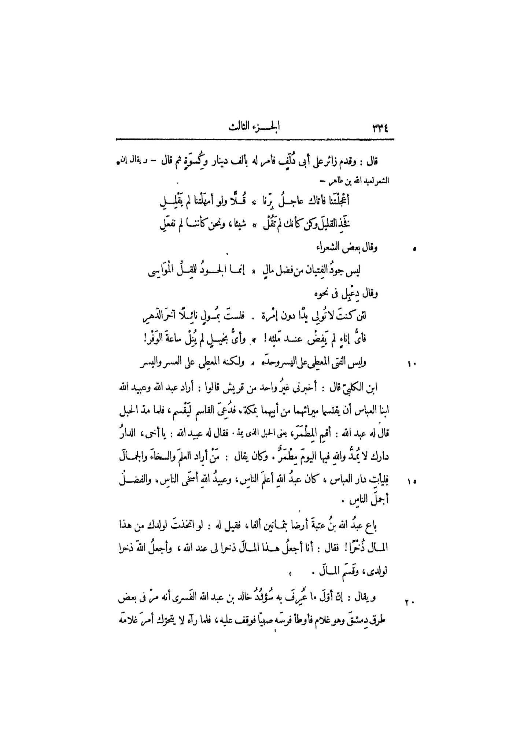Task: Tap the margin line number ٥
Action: [x=414, y=250]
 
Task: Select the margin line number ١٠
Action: [x=411, y=364]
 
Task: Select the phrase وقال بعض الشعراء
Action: [x=347, y=248]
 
